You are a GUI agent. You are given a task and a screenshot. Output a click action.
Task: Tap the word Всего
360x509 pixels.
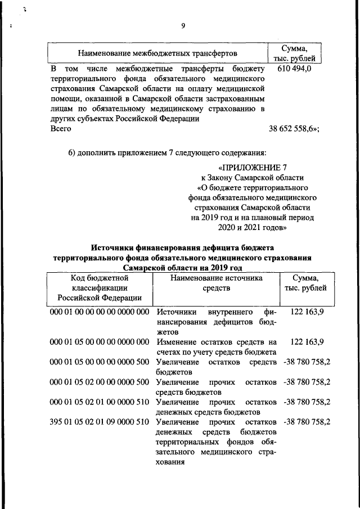click(61, 129)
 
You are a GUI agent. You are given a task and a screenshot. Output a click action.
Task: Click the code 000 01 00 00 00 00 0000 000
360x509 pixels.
click(99, 312)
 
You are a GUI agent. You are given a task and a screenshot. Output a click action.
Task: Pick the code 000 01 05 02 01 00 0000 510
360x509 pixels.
click(99, 403)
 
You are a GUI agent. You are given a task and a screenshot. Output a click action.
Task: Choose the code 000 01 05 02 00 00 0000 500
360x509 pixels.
click(99, 382)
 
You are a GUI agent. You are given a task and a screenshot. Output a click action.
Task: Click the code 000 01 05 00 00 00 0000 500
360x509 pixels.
click(99, 362)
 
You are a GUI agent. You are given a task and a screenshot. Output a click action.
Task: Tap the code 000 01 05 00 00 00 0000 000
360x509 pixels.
click(99, 341)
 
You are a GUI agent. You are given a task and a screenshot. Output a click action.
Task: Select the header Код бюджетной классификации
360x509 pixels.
click(100, 283)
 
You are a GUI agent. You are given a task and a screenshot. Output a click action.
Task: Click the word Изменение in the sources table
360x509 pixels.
click(175, 341)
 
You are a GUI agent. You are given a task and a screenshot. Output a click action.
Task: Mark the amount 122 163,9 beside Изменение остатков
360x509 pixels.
click(307, 341)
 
